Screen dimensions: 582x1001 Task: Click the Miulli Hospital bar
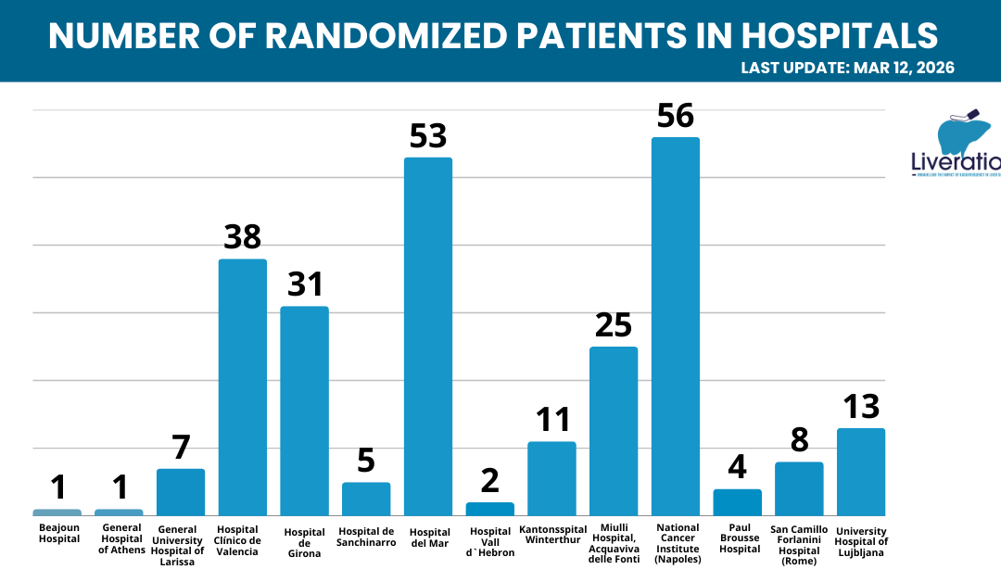pyautogui.click(x=614, y=431)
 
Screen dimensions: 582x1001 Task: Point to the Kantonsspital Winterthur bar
pyautogui.click(x=551, y=478)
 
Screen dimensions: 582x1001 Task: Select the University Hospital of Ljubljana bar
pyautogui.click(x=860, y=472)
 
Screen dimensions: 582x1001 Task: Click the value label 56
pyautogui.click(x=676, y=116)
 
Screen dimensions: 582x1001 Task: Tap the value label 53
pyautogui.click(x=428, y=136)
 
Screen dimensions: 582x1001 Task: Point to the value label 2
pyautogui.click(x=489, y=481)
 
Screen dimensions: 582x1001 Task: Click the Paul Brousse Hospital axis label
pyautogui.click(x=739, y=538)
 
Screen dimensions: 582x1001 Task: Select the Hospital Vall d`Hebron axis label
pyautogui.click(x=490, y=542)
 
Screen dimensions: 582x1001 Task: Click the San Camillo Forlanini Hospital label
pyautogui.click(x=799, y=544)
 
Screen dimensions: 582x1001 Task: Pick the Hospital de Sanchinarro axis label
pyautogui.click(x=366, y=537)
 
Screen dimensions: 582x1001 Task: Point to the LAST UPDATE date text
pyautogui.click(x=847, y=68)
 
